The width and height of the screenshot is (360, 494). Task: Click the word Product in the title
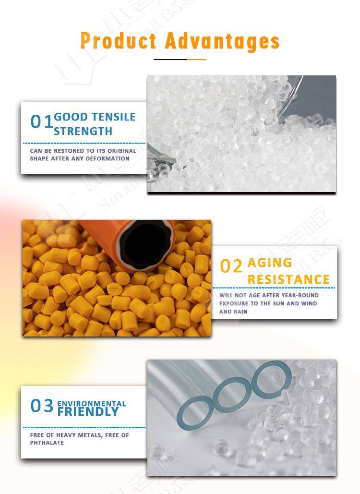tap(119, 41)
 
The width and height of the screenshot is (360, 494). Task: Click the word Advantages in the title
tap(222, 41)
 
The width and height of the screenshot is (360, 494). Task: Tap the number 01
tap(41, 121)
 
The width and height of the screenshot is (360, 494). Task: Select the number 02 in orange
tap(231, 266)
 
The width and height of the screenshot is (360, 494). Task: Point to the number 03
tap(42, 406)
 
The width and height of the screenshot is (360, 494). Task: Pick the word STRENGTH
tap(83, 132)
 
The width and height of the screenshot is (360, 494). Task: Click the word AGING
tap(270, 263)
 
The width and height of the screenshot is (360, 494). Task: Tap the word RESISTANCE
tap(288, 279)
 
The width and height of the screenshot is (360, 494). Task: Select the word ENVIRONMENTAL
tap(91, 403)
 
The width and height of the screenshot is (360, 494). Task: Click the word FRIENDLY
tap(88, 411)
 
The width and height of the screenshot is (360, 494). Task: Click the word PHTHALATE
tap(47, 443)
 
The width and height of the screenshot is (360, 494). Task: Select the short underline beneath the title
tap(180, 59)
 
